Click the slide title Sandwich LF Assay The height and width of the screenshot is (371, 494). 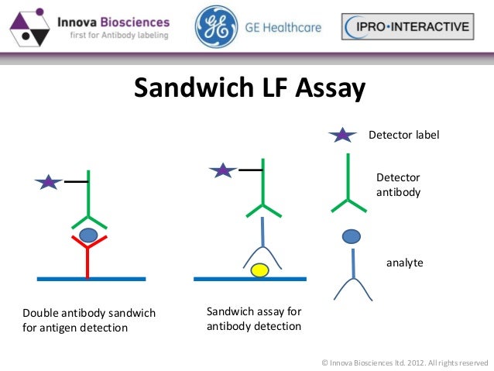pos(249,88)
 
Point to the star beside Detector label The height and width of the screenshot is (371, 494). pos(341,136)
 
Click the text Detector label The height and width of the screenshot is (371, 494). pos(403,136)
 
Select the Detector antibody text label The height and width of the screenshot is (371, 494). pos(398,184)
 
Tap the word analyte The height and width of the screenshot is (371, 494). pos(404,263)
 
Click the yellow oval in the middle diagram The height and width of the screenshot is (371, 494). pos(259,270)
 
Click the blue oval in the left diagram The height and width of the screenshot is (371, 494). pos(89,234)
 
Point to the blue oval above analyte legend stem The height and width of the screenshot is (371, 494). pos(352,235)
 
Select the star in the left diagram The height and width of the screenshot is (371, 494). pos(49,183)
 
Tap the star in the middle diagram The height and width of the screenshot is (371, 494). pos(223,170)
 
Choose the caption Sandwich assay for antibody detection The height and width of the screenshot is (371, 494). pos(254,319)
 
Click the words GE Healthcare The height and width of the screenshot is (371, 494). pos(283,29)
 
